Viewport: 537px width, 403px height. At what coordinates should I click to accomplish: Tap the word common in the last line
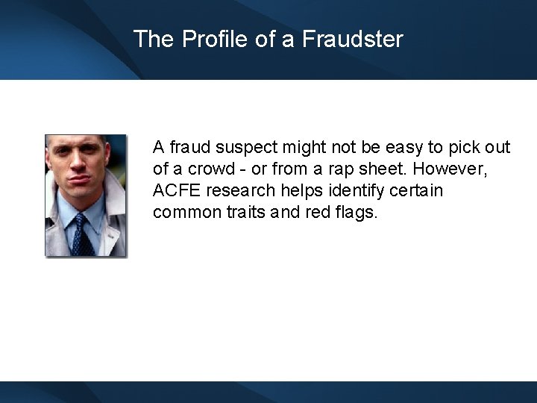click(x=183, y=213)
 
